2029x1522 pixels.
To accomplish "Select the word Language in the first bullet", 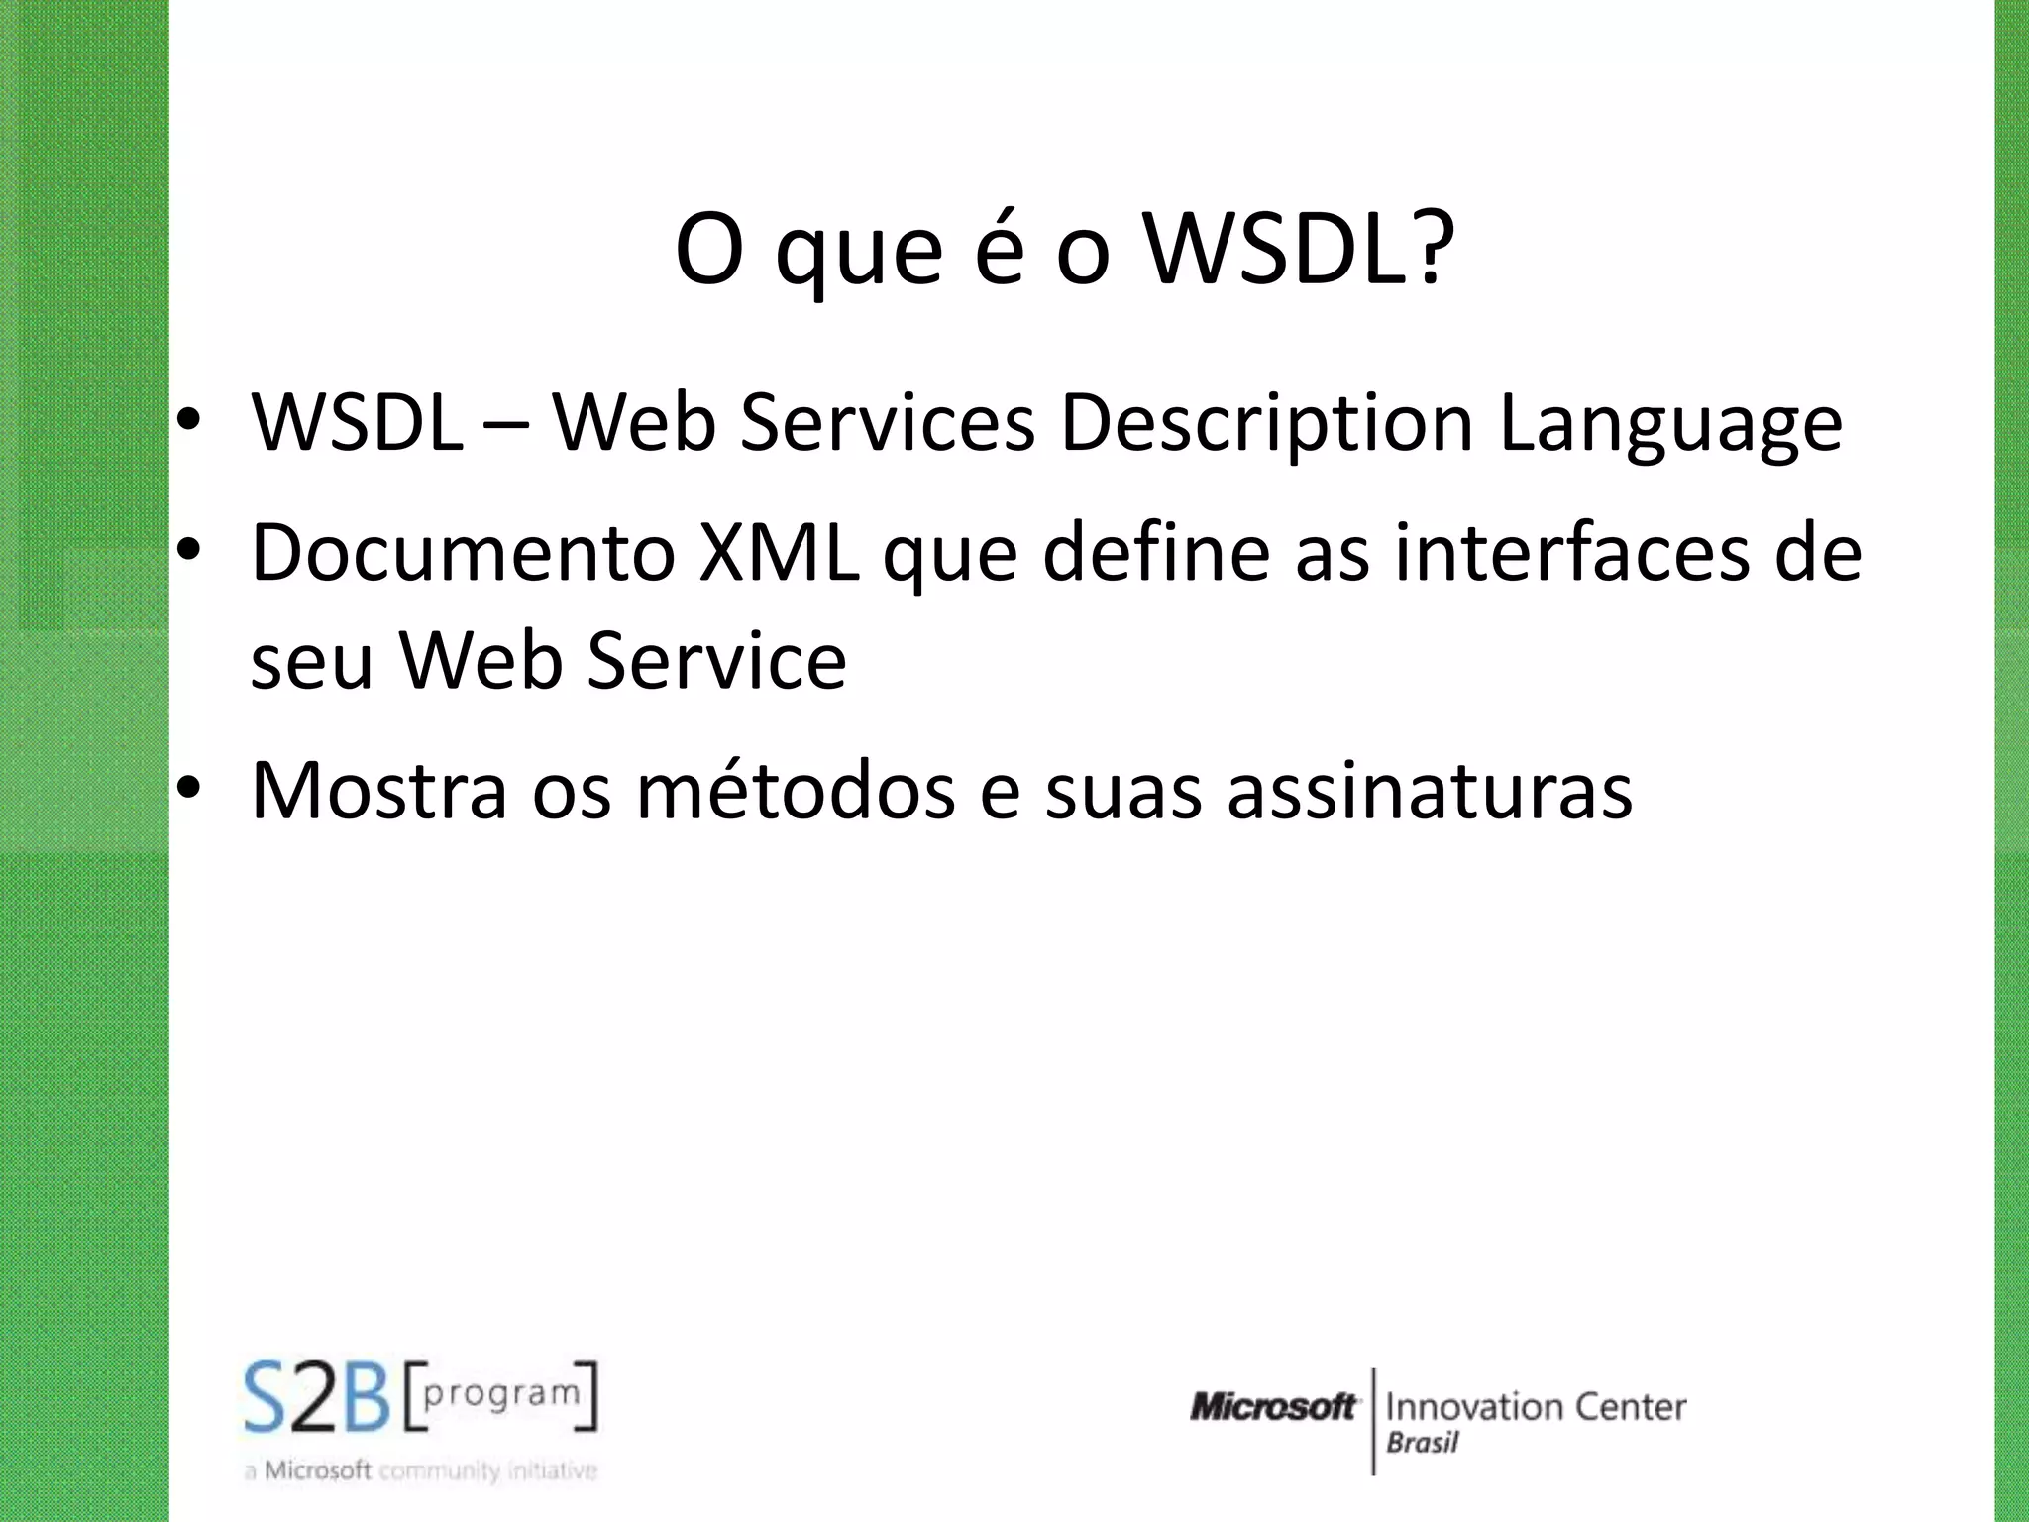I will coord(1670,424).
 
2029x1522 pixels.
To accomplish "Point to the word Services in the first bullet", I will coord(888,424).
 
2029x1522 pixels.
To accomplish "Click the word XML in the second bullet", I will coord(779,553).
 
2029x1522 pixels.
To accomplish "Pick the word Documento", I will coord(463,553).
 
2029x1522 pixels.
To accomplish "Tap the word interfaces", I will coord(1572,553).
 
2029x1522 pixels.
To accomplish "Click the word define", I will coord(1156,553).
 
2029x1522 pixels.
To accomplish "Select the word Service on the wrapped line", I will coord(716,661).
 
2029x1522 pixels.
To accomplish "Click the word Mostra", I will coord(378,791).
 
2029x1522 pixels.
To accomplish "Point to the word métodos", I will coord(795,791).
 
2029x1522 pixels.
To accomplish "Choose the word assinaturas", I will coord(1429,791).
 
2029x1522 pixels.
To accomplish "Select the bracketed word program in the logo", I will coord(501,1394).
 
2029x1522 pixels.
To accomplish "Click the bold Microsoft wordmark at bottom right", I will coord(1273,1406).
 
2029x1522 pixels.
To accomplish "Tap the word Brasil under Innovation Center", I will coord(1422,1443).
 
